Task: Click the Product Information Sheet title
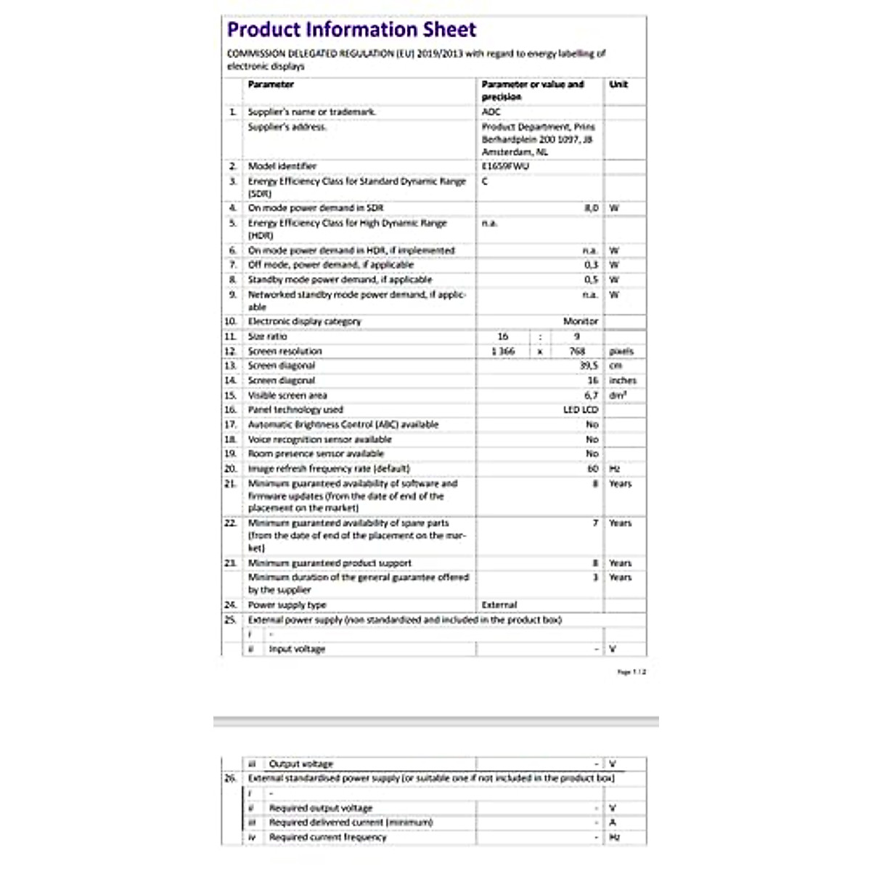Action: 351,30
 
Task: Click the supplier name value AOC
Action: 491,112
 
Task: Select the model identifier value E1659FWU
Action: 505,166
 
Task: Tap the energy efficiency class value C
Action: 485,181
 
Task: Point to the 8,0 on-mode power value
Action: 592,208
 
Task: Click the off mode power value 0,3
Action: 592,265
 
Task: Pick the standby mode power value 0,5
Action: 592,279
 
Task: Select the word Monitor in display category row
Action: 581,321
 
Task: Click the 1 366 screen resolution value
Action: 502,351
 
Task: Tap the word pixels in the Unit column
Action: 621,351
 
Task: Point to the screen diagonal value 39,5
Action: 589,366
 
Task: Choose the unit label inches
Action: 623,380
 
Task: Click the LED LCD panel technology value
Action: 581,410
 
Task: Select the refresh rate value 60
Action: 593,469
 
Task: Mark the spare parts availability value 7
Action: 595,523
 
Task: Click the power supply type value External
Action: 499,605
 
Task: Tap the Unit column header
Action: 618,84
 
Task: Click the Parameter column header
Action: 271,84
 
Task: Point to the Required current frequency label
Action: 327,837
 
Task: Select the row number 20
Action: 231,469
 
